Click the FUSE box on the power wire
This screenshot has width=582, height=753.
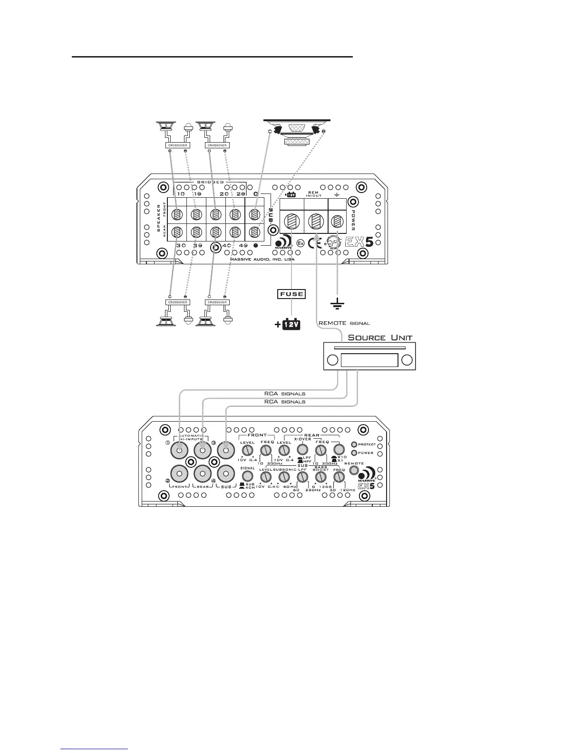(x=291, y=294)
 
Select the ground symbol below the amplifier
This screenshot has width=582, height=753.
(x=337, y=304)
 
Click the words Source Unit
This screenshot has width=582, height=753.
(x=380, y=338)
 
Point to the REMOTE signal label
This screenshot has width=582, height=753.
(x=344, y=323)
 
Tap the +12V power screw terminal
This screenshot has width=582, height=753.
(x=291, y=222)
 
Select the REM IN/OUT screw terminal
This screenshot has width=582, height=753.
(x=315, y=222)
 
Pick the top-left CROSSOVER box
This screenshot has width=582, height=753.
(x=178, y=145)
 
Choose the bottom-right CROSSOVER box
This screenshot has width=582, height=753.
(x=217, y=302)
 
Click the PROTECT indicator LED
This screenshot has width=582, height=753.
(x=354, y=444)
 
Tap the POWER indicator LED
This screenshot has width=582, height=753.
(x=354, y=453)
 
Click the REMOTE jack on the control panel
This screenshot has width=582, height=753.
(x=354, y=470)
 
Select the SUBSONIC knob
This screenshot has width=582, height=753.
(x=284, y=477)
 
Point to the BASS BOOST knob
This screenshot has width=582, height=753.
(x=320, y=477)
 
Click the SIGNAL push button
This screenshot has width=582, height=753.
(x=247, y=476)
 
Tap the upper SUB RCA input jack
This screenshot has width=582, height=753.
(x=226, y=449)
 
